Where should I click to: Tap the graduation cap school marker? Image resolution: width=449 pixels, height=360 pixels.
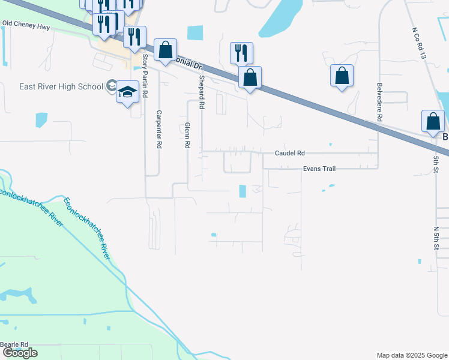[x=127, y=92]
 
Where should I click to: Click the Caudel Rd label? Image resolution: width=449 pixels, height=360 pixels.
[x=290, y=153]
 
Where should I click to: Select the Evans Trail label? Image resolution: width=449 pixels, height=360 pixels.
[x=319, y=169]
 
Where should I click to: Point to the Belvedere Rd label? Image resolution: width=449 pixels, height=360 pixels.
[x=379, y=102]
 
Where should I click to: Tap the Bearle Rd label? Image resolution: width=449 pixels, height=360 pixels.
[x=14, y=344]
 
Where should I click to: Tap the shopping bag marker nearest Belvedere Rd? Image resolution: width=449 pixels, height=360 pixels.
[x=342, y=76]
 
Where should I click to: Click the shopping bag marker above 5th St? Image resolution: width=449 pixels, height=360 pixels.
[x=433, y=122]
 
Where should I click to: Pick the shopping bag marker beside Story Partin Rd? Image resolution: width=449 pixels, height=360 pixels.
[x=165, y=50]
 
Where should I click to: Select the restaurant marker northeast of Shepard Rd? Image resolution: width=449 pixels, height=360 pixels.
[x=241, y=53]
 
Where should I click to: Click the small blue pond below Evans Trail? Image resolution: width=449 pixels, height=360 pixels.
[x=243, y=191]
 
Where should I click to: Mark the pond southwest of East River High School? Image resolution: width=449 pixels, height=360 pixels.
[x=41, y=120]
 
